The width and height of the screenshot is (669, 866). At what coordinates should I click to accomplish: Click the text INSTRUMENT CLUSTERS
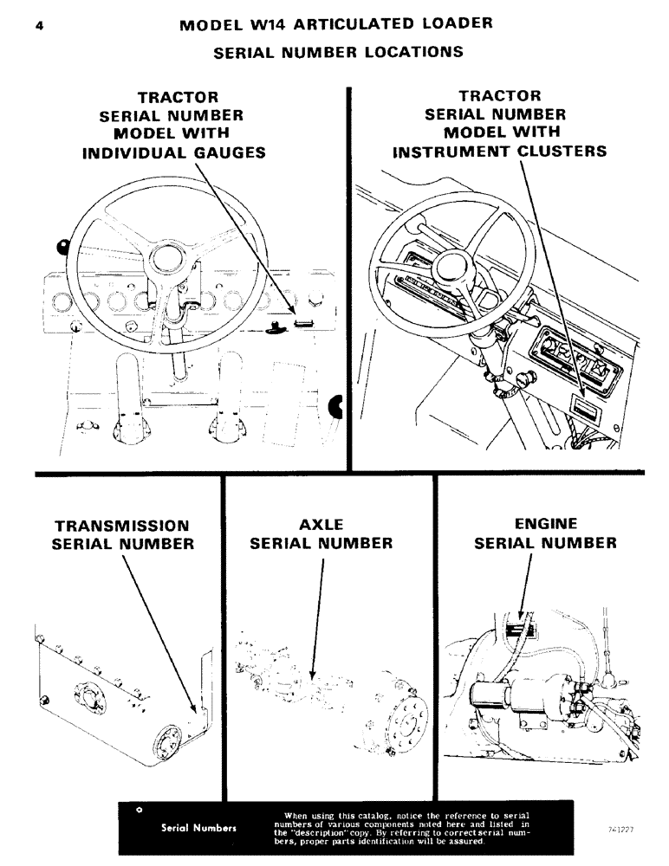[500, 152]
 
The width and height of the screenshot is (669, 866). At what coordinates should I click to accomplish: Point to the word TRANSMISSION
[122, 526]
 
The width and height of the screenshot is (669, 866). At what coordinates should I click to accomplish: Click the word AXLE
[322, 525]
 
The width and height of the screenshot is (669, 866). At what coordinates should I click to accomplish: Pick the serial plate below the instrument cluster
[585, 404]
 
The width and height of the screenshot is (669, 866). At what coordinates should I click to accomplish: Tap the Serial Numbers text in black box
[199, 827]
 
